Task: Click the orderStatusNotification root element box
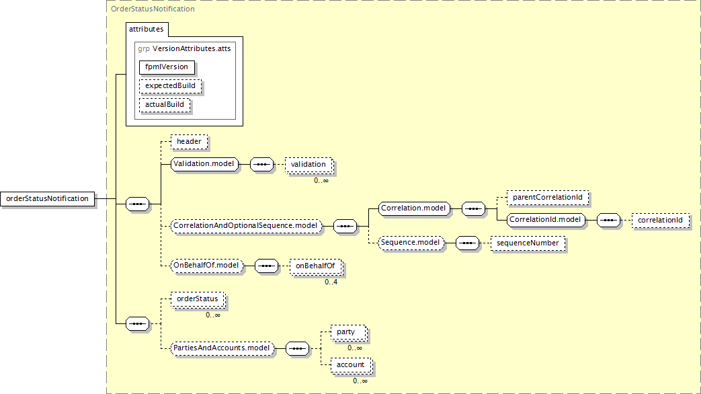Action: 48,198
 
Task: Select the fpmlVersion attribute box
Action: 167,67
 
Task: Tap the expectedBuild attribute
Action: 170,86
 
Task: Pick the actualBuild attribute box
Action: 165,105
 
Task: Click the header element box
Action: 189,142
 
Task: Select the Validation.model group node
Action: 204,164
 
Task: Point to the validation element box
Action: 308,165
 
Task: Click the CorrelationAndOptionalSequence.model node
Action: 245,226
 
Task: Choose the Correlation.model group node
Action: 413,208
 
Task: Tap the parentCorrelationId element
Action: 548,198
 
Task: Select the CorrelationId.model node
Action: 546,220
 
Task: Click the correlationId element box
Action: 660,221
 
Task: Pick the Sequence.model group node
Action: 411,243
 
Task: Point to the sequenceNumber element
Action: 528,243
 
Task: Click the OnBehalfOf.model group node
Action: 206,266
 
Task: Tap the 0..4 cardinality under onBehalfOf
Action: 331,282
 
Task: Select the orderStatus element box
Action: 198,299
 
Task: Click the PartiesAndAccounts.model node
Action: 222,348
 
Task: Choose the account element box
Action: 351,365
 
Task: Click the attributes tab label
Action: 147,29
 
